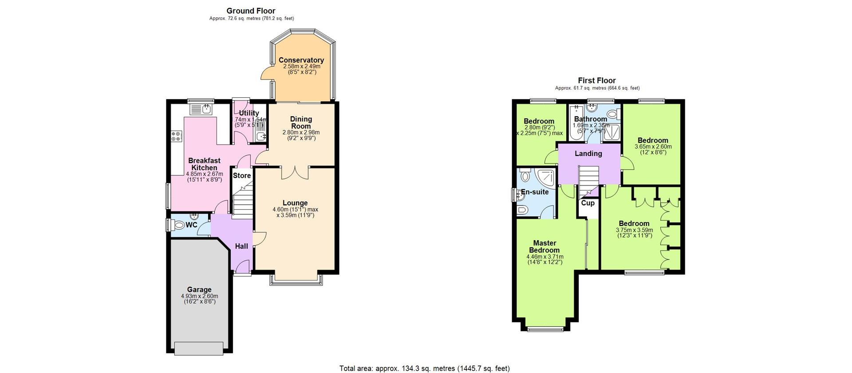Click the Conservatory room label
301,60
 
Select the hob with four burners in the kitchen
177,136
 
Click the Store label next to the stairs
242,175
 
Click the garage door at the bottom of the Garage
199,348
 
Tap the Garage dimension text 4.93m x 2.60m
199,296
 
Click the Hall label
241,246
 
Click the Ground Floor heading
251,11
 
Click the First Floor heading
596,80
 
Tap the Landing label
588,154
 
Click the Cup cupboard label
588,203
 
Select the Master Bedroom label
544,246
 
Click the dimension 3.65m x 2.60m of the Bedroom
653,147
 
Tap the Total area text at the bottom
424,368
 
